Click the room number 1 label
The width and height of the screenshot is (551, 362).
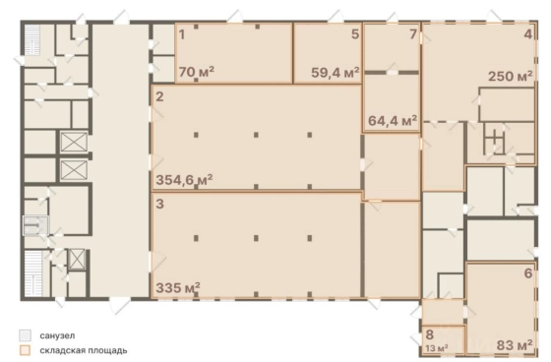tap(182, 34)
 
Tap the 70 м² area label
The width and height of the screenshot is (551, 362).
tap(197, 72)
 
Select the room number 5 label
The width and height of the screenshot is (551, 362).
tap(355, 34)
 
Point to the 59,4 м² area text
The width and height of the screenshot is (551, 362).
tap(336, 73)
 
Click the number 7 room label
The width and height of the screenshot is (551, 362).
tap(413, 34)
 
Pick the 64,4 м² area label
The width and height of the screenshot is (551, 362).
tap(393, 121)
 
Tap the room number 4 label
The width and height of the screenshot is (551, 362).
tap(528, 34)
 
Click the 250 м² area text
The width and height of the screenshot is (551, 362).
tap(511, 76)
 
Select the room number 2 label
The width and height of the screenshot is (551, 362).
tap(159, 96)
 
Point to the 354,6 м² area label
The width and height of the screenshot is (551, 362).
tap(184, 180)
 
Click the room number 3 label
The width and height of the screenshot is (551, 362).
tap(159, 204)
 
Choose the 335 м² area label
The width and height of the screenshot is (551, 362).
tap(178, 287)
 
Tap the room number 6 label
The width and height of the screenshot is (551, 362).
tap(528, 273)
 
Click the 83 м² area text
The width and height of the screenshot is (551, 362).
tap(514, 345)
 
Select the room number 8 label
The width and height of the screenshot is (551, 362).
tap(429, 334)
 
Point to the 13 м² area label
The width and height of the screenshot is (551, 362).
tap(437, 348)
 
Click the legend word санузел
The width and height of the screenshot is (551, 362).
tap(57, 335)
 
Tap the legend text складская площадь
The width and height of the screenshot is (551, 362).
tap(84, 350)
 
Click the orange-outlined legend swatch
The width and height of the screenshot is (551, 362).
tap(25, 350)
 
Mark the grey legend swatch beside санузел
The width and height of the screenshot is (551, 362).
tap(25, 335)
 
